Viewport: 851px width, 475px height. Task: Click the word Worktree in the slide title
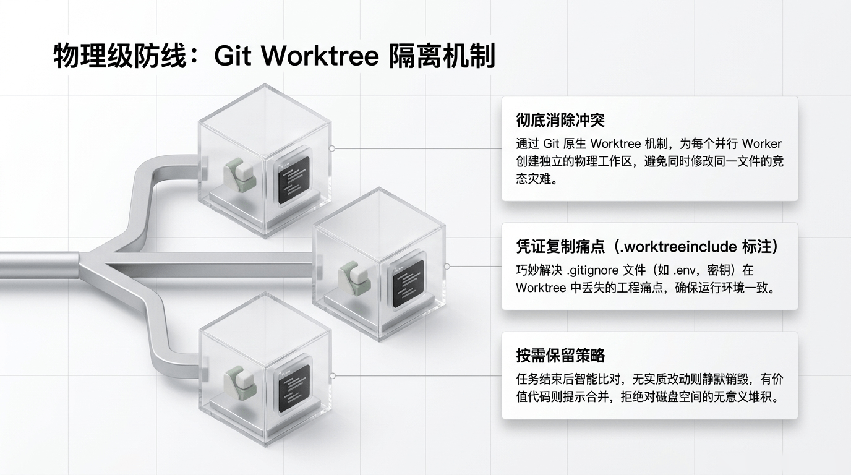click(x=320, y=56)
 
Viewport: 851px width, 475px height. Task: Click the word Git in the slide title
click(x=233, y=56)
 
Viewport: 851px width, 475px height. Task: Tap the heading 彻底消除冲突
click(x=560, y=120)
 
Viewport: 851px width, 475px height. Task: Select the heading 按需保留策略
click(x=560, y=356)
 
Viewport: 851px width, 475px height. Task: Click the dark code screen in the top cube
click(x=293, y=180)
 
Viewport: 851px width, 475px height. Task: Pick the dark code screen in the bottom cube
click(x=293, y=388)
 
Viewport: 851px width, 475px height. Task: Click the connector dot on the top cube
click(x=332, y=148)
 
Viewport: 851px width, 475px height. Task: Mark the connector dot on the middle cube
click(x=447, y=266)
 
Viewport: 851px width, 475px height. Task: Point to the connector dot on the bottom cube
click(x=332, y=375)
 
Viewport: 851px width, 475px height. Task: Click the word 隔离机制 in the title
click(x=443, y=56)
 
